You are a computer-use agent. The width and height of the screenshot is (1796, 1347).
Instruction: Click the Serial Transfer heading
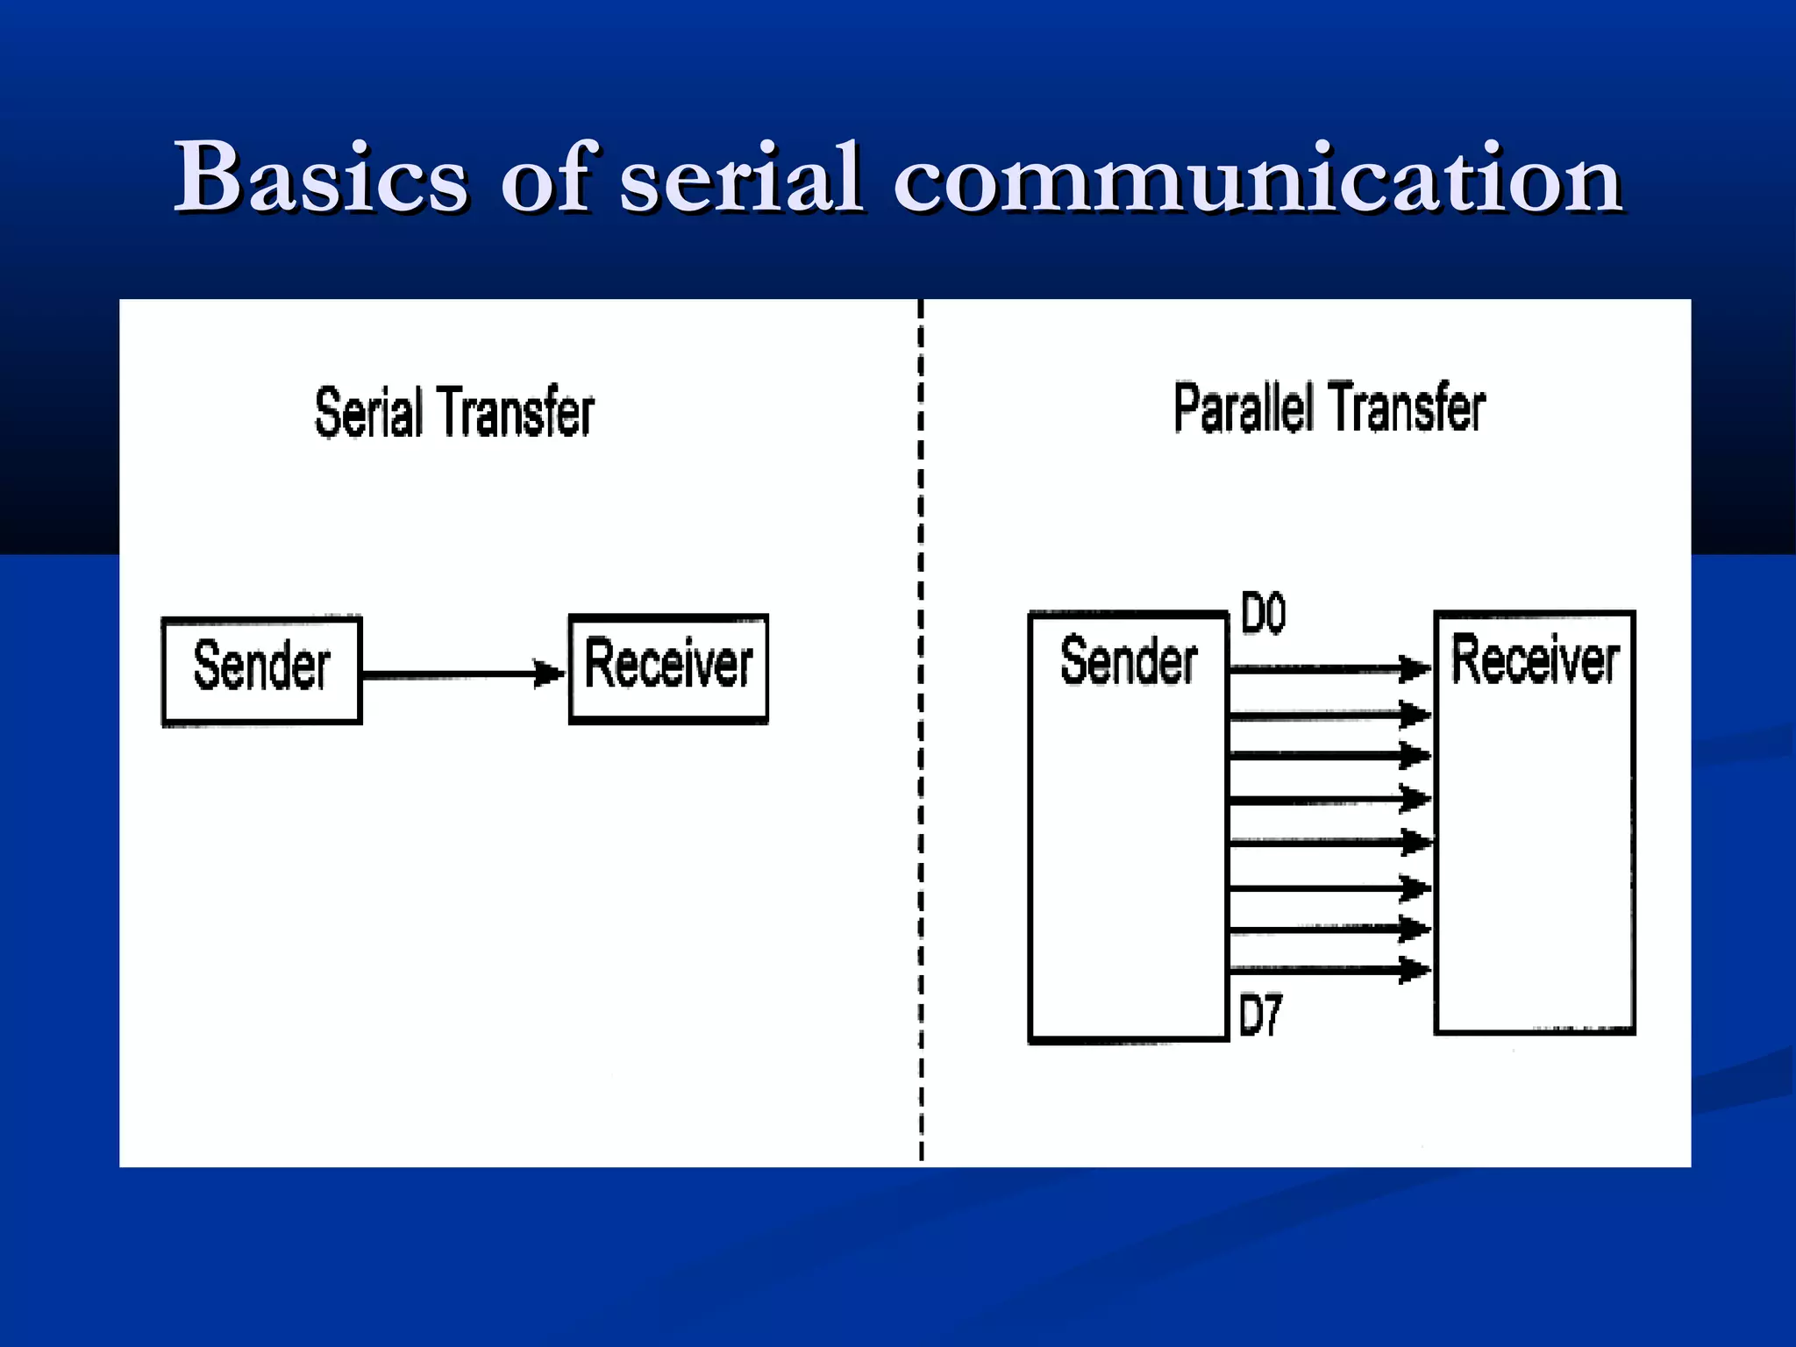pyautogui.click(x=454, y=411)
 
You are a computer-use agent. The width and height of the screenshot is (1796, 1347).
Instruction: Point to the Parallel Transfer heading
pyautogui.click(x=1329, y=408)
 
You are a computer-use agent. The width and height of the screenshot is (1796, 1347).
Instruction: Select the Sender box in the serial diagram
pyautogui.click(x=261, y=671)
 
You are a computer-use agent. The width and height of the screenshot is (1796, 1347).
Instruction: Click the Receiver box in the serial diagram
pyautogui.click(x=668, y=668)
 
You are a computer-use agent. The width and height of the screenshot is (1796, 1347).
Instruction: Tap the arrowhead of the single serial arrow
pyautogui.click(x=551, y=673)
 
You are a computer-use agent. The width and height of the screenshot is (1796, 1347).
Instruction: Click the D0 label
pyautogui.click(x=1263, y=613)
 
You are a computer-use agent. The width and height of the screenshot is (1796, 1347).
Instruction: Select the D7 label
pyautogui.click(x=1260, y=1016)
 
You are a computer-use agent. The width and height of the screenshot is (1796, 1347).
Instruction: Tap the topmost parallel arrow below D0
pyautogui.click(x=1329, y=669)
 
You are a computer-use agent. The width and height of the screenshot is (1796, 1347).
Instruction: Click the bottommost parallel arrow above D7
pyautogui.click(x=1329, y=969)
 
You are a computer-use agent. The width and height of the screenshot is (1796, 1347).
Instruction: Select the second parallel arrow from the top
pyautogui.click(x=1329, y=716)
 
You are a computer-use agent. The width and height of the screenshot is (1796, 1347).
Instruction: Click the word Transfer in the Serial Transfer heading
pyautogui.click(x=516, y=411)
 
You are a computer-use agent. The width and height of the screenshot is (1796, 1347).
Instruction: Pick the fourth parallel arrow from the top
pyautogui.click(x=1329, y=800)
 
